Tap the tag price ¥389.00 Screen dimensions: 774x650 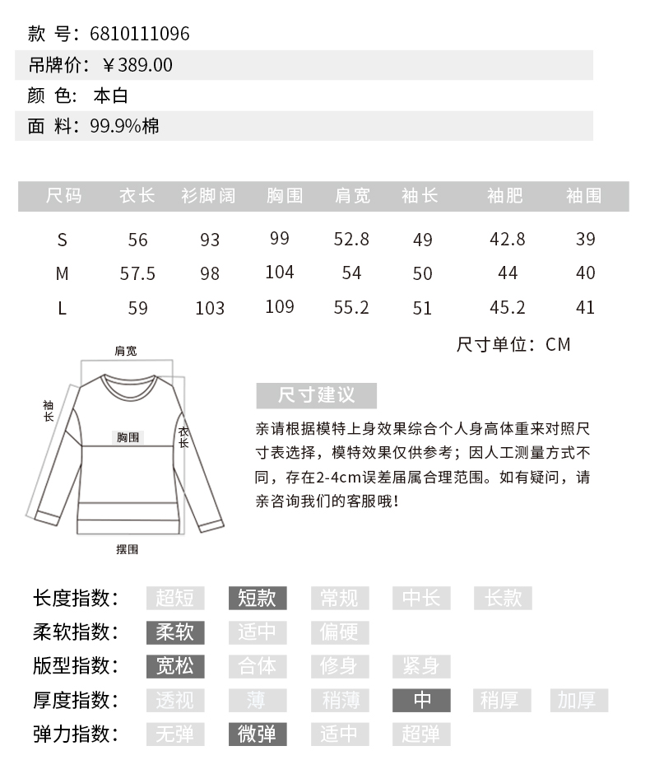pos(137,65)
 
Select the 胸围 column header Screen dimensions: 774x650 pos(285,196)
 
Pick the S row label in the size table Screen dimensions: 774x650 pos(63,240)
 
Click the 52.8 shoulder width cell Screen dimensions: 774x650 pos(351,240)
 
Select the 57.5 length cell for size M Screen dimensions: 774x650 pos(137,273)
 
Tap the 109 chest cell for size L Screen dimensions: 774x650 pos(280,307)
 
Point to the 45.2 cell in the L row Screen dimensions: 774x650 pos(508,308)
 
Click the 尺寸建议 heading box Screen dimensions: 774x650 pos(317,395)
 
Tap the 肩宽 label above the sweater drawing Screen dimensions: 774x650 pos(126,351)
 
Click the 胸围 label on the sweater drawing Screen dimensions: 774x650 pos(128,437)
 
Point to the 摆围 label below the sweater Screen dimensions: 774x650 pos(128,549)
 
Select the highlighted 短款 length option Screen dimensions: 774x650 pos(257,598)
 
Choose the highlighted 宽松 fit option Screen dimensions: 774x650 pos(174,665)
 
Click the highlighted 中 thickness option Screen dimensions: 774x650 pos(422,700)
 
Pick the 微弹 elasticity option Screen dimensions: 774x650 pos(257,734)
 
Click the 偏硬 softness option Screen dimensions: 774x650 pos(339,632)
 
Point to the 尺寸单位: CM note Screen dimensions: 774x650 pos(513,344)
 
